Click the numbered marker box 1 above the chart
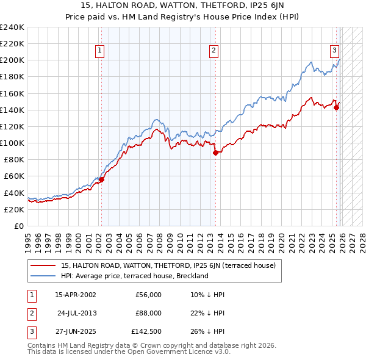(100, 51)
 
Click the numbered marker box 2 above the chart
(214, 51)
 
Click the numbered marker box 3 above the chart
(335, 51)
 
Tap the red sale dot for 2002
(102, 179)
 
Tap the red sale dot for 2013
(215, 153)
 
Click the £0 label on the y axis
(18, 226)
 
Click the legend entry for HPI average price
(135, 276)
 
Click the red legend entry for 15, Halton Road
(168, 265)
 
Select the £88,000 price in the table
(148, 313)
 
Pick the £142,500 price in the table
(147, 331)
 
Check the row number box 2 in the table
(30, 313)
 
